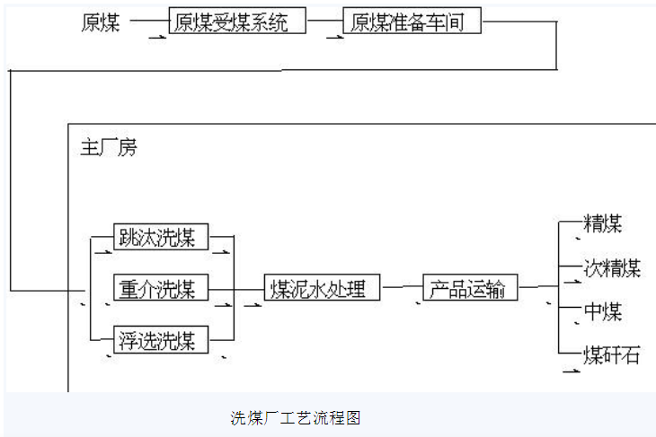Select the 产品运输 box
coord(467,289)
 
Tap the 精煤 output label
coord(603,223)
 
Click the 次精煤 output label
coord(612,268)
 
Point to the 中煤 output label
coord(603,312)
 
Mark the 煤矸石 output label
coord(612,354)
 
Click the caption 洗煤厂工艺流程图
coord(296,417)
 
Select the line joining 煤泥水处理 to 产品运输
coord(401,287)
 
